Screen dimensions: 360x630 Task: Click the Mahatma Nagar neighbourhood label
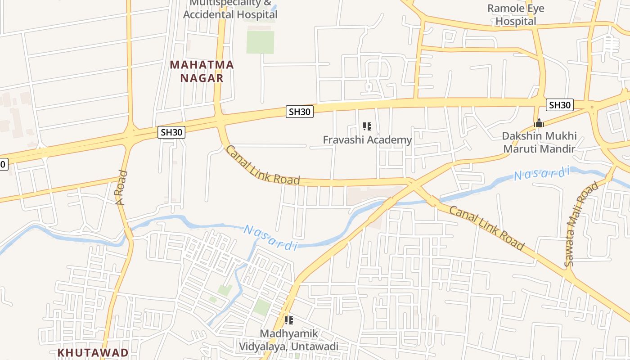coord(202,71)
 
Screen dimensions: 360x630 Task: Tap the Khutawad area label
coord(93,352)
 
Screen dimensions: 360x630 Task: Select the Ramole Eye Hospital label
coord(516,14)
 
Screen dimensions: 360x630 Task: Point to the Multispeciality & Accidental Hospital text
coord(230,9)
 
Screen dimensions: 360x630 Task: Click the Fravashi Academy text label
coord(367,140)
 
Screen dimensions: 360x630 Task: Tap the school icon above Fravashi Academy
coord(367,126)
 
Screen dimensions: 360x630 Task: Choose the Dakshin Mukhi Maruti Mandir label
coord(539,142)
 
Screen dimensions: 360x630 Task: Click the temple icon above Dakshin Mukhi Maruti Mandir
coord(539,123)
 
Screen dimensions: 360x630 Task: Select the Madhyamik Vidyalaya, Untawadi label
coord(288,340)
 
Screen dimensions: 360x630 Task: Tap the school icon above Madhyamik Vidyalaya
coord(289,320)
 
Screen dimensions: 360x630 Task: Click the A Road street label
coord(121,188)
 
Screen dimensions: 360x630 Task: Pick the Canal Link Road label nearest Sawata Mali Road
coord(487,228)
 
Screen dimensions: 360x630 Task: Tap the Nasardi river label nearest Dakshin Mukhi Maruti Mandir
coord(542,173)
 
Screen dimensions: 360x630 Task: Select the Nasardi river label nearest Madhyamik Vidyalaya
coord(270,237)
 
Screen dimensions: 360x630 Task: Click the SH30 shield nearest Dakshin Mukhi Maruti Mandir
coord(560,105)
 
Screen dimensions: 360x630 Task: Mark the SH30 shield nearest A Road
coord(172,132)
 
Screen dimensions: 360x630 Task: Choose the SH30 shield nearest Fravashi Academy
coord(300,112)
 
